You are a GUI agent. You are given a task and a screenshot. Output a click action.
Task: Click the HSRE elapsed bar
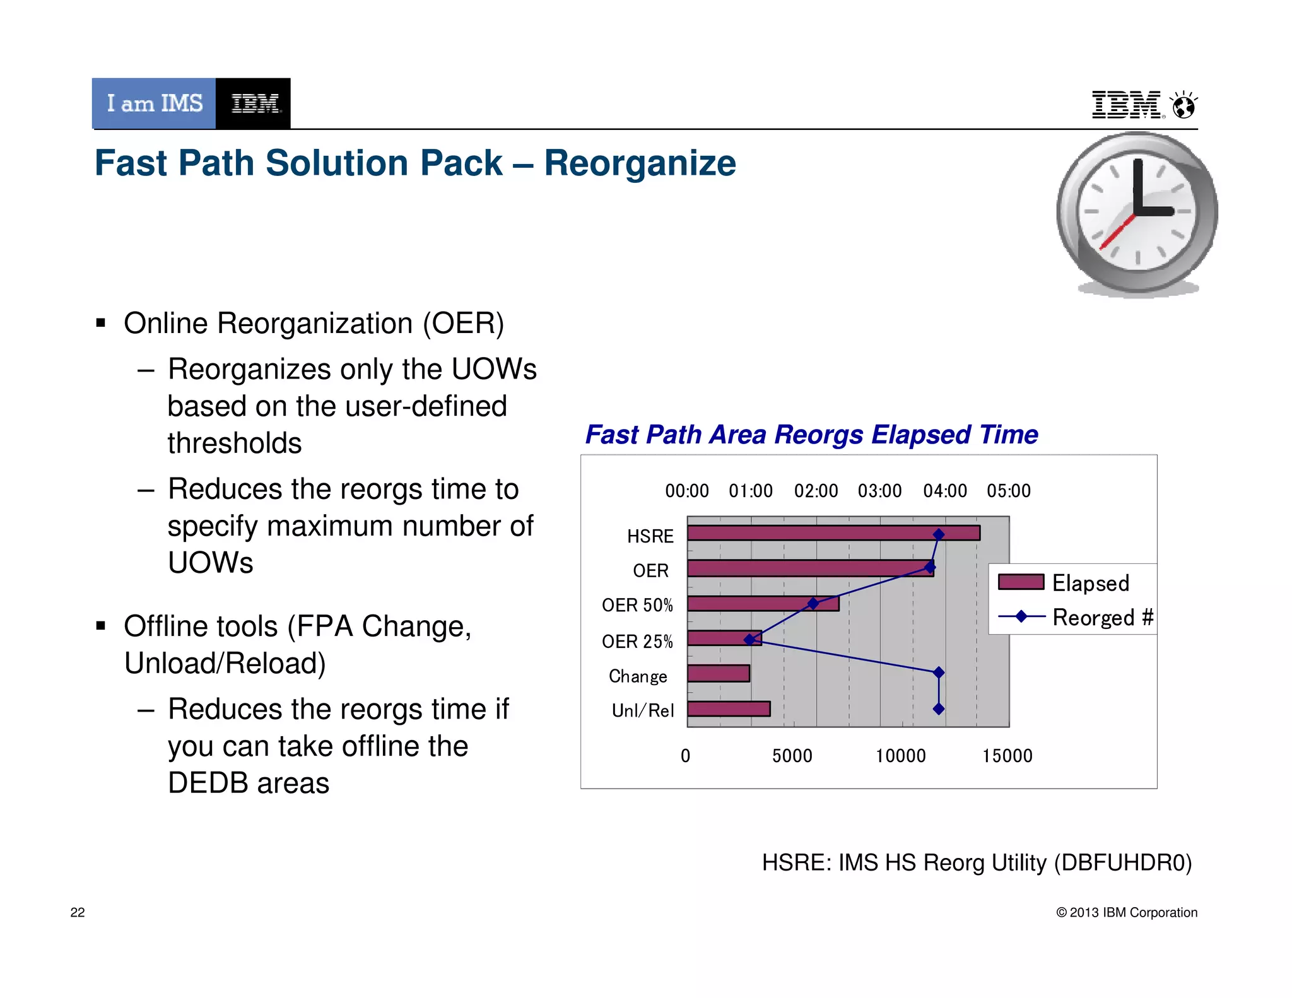(833, 533)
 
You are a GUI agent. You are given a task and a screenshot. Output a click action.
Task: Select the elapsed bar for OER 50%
(763, 604)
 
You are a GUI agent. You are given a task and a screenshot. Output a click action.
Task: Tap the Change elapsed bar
(718, 673)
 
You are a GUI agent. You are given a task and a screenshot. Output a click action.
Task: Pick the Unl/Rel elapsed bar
(729, 708)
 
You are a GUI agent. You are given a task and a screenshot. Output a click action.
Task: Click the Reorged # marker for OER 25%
(749, 640)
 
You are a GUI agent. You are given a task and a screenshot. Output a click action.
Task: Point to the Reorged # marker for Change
(939, 672)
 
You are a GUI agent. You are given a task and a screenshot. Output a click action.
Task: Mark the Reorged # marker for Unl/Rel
(939, 709)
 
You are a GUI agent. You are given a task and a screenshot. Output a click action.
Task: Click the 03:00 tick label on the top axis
(879, 491)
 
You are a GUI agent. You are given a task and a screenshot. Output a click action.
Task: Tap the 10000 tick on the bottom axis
(900, 756)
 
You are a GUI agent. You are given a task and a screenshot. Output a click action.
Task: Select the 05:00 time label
(1009, 491)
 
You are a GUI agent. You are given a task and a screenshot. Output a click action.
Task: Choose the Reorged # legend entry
(1075, 617)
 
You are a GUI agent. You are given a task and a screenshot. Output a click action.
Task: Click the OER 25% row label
(637, 642)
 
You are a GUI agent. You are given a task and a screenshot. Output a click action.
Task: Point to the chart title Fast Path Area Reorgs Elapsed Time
(811, 435)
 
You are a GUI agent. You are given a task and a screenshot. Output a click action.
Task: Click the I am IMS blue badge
(155, 103)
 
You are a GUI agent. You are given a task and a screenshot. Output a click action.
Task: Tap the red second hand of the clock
(1117, 232)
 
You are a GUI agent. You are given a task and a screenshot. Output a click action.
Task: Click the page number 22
(78, 912)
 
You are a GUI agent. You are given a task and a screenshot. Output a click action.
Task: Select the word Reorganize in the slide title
(640, 164)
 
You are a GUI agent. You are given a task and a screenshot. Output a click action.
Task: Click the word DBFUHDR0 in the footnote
(1123, 862)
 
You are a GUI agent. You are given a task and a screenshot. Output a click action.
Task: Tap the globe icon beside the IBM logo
(1183, 105)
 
